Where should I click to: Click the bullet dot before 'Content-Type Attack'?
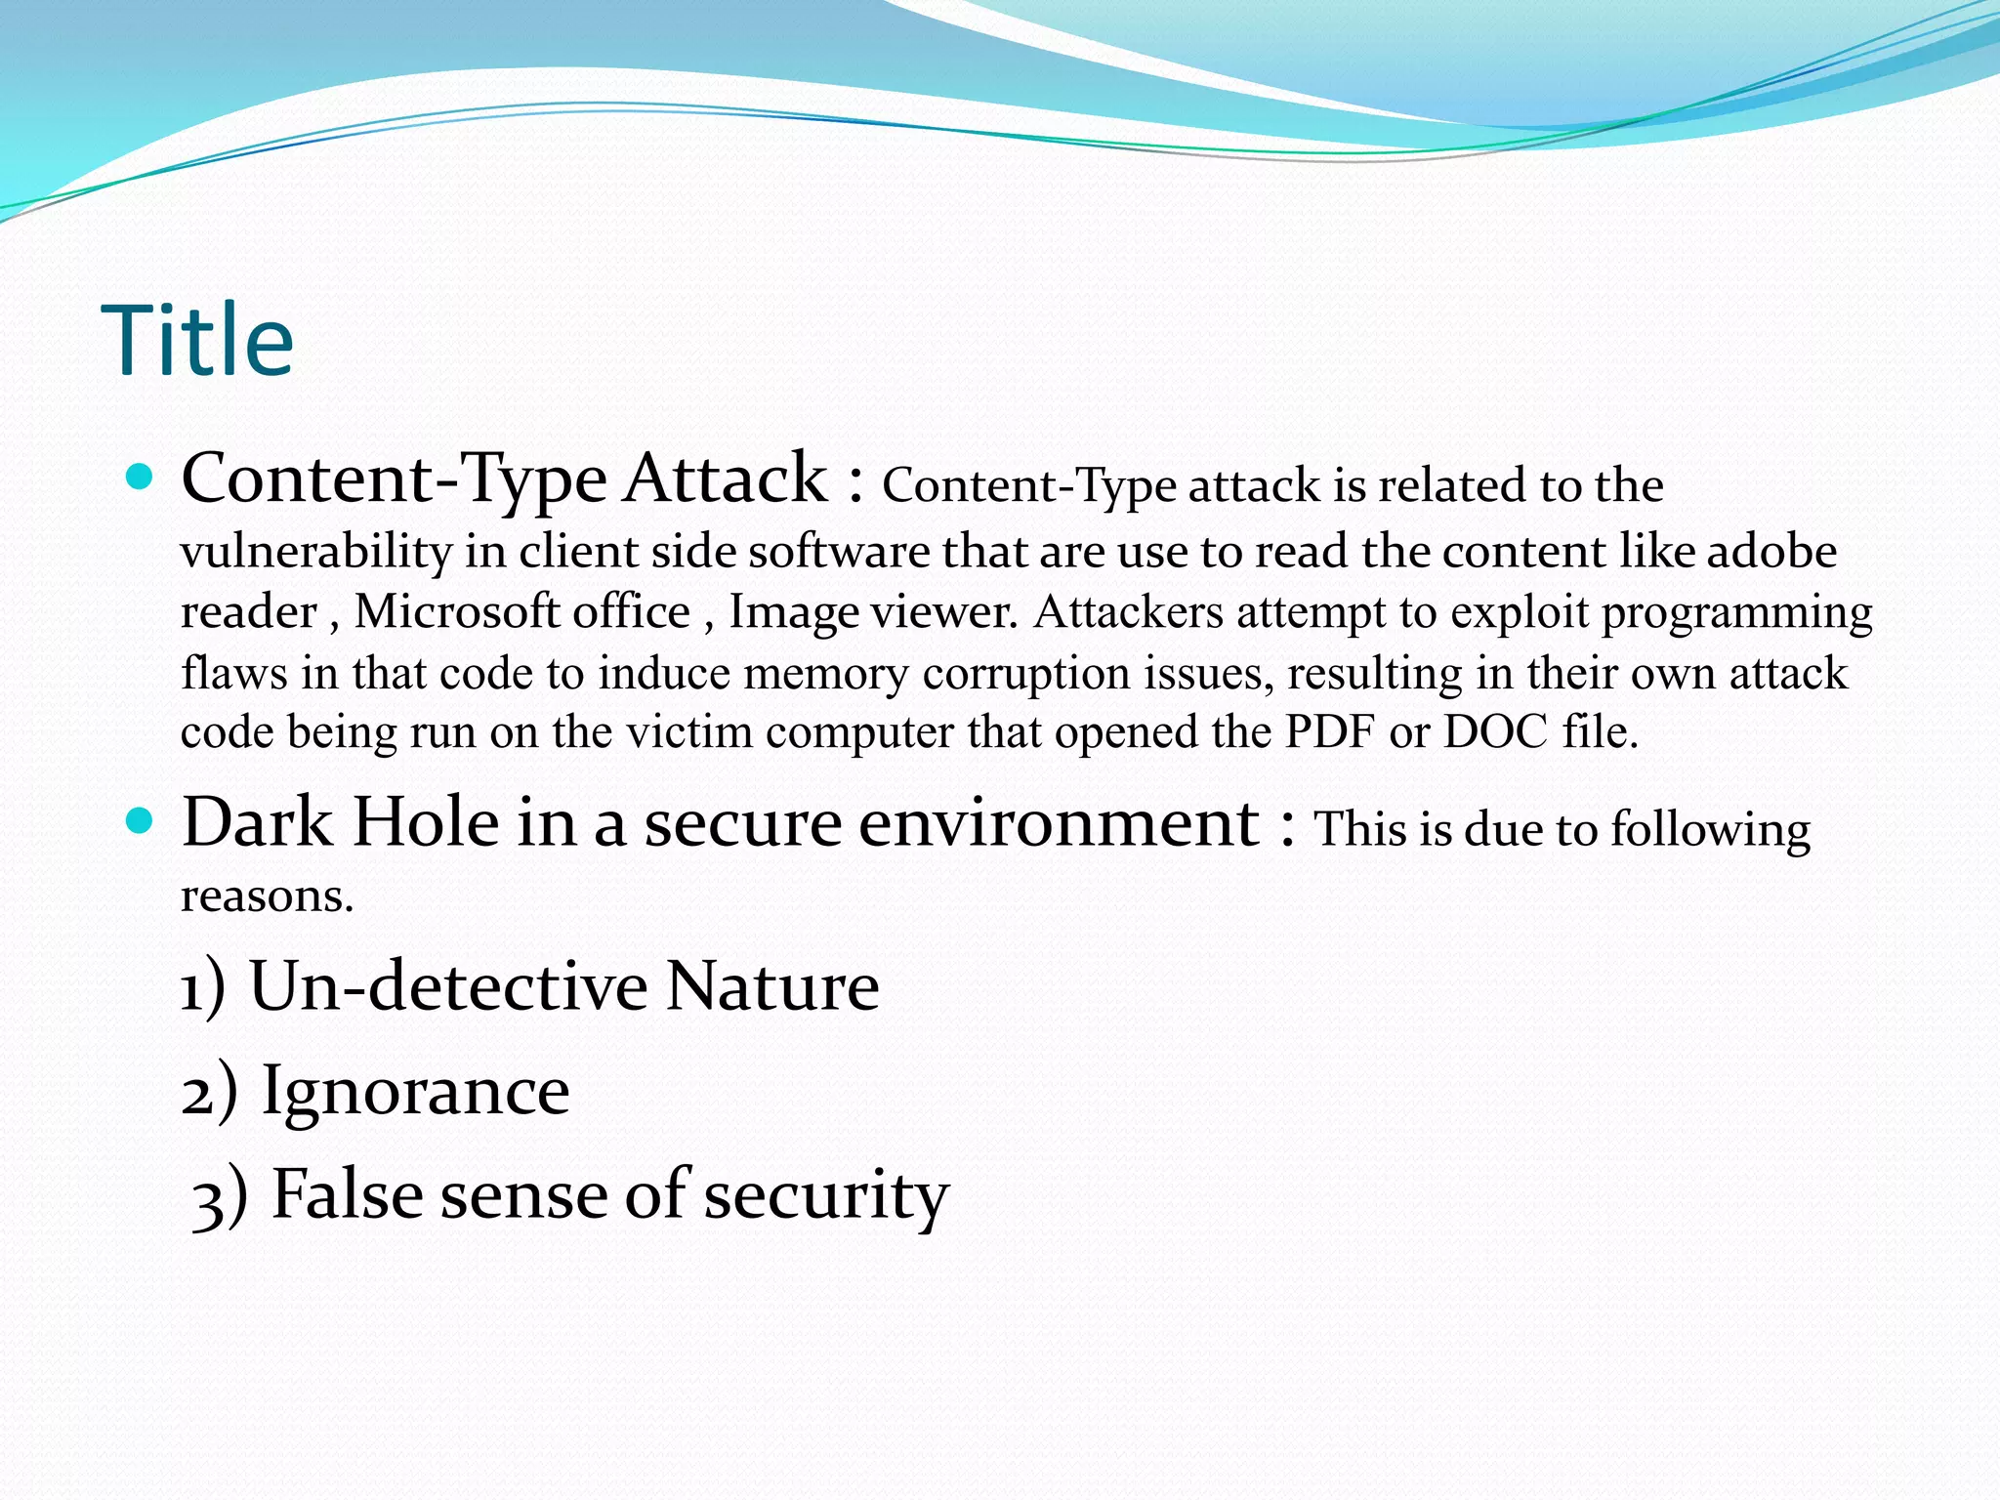[x=141, y=477]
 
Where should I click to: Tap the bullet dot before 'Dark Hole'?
[x=141, y=820]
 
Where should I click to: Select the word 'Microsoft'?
[x=456, y=612]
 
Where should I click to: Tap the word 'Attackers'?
[x=1128, y=612]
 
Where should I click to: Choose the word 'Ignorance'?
[x=415, y=1092]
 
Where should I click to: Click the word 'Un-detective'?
[x=448, y=986]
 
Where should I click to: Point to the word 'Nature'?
[x=772, y=986]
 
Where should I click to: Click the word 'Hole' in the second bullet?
[x=426, y=822]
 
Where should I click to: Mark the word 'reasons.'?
[x=267, y=896]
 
